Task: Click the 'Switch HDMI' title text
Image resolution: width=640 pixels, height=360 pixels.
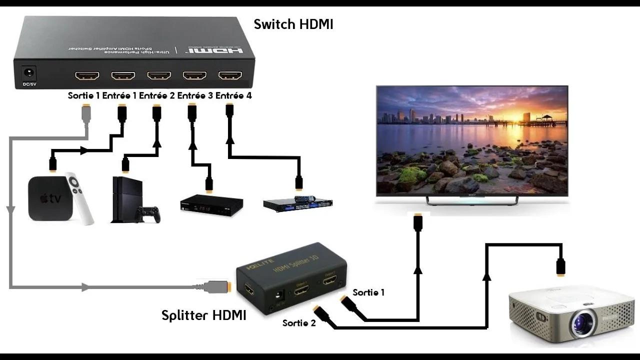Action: point(293,24)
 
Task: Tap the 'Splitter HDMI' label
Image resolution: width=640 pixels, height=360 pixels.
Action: point(203,315)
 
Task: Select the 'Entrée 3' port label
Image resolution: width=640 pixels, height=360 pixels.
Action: point(195,95)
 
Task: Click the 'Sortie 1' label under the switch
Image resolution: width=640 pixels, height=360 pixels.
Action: point(83,95)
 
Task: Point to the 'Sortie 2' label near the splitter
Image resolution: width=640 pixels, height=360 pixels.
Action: point(299,323)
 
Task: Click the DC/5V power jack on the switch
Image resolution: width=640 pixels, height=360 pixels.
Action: point(28,74)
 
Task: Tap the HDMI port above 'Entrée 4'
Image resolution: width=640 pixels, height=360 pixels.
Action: point(230,75)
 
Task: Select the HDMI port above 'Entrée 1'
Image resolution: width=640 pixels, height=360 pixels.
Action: point(123,75)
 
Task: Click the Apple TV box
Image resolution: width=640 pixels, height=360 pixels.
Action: point(48,198)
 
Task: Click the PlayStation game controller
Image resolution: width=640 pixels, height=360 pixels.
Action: point(148,214)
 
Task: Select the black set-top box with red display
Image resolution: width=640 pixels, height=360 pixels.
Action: point(211,205)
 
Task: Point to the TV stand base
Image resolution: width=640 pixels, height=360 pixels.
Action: point(472,199)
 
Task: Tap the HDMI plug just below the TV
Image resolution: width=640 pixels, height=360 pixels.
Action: point(418,222)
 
